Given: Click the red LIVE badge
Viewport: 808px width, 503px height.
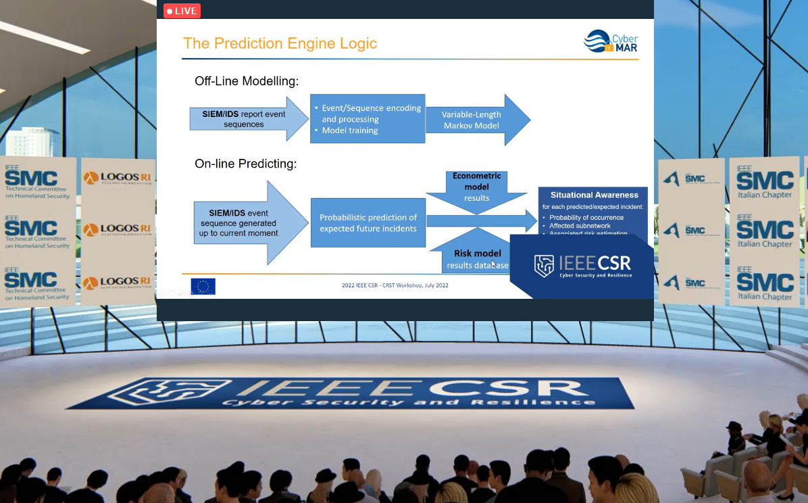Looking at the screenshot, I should point(182,11).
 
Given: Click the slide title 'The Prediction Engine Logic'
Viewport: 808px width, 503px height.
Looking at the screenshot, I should point(280,44).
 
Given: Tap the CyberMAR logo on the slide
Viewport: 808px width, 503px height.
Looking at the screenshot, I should point(611,41).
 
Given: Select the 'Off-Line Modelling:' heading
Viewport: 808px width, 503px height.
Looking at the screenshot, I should point(247,82).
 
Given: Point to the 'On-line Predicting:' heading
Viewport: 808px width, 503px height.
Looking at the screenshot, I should point(246,164).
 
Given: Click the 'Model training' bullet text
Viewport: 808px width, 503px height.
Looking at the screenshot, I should point(349,130).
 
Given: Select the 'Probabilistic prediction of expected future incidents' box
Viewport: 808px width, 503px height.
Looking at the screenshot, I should point(368,222).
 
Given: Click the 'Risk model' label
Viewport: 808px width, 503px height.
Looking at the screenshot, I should point(477,254).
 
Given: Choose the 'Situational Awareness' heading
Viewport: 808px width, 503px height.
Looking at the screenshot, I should point(594,195).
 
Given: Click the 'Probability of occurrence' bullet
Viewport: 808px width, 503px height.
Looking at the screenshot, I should point(586,218).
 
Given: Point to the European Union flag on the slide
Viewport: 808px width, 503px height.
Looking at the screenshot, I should point(203,287).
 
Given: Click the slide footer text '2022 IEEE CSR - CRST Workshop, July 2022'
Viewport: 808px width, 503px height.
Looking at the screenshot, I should point(395,285).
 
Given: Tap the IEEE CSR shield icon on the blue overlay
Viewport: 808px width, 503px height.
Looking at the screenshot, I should point(544,266).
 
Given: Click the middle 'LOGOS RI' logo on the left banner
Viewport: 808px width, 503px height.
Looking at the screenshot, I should point(117,230).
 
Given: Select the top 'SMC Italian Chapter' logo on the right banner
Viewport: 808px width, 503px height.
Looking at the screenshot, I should point(765,181).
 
